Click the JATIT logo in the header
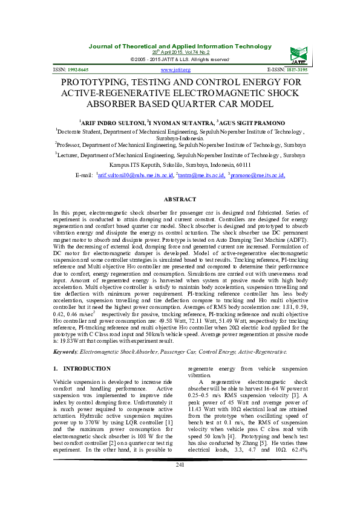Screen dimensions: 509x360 [298, 54]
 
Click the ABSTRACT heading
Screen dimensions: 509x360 [180, 199]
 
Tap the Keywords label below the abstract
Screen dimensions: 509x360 [67, 351]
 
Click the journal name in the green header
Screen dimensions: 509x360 [180, 46]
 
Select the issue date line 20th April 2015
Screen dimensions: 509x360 [180, 53]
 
